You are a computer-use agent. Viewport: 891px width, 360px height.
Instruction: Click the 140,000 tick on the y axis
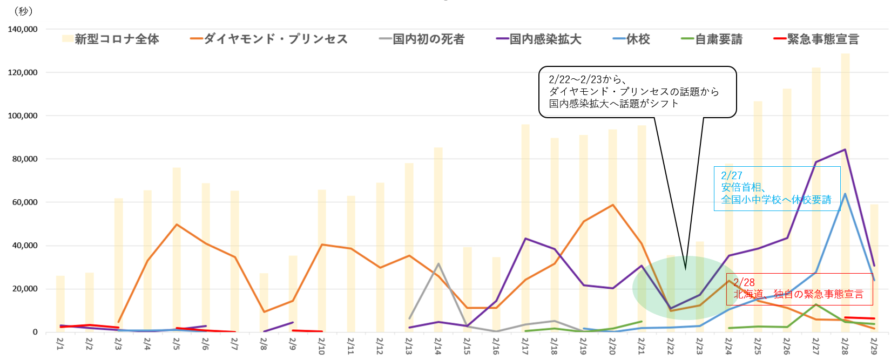coord(23,29)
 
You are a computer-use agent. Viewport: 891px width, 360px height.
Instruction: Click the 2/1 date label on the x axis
coord(60,344)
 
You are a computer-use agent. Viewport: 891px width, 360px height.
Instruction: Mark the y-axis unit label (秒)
coord(23,11)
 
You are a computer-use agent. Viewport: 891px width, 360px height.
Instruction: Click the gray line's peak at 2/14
coord(438,264)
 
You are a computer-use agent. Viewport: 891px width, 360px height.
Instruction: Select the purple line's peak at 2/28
coord(845,150)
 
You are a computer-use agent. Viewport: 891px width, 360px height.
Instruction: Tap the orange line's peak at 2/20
coord(613,205)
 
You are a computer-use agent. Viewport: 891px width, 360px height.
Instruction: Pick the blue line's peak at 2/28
coord(845,194)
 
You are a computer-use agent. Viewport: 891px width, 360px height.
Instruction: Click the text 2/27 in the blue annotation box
coord(732,175)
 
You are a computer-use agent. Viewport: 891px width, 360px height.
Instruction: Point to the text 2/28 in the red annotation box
coord(744,282)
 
